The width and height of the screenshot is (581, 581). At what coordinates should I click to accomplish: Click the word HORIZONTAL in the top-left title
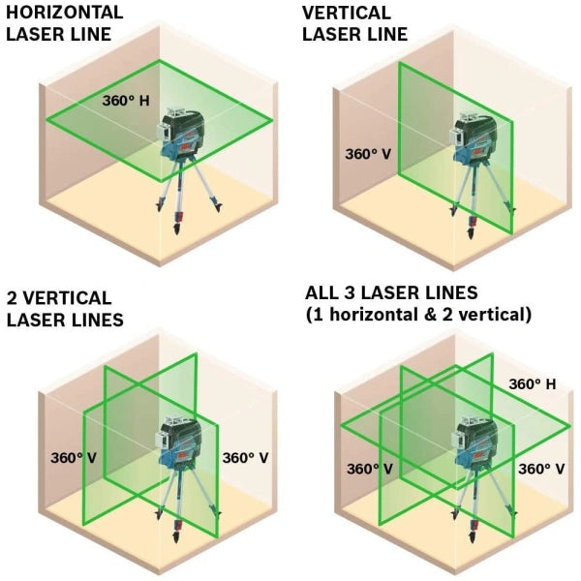point(65,13)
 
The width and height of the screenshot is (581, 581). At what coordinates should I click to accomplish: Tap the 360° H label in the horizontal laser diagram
point(126,101)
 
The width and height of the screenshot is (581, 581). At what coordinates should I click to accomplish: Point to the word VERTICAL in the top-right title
point(347,13)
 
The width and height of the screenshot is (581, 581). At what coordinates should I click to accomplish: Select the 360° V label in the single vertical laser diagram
point(368,154)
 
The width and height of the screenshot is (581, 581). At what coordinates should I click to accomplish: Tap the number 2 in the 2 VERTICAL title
point(12,298)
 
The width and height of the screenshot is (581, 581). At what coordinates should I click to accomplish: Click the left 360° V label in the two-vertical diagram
point(74,458)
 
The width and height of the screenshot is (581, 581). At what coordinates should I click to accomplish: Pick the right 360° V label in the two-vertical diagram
point(245,458)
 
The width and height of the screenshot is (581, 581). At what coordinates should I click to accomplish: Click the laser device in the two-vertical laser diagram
point(180,443)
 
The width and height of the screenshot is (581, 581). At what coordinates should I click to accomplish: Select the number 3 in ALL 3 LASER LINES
point(350,292)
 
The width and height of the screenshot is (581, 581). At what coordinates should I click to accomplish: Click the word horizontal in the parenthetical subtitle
point(371,315)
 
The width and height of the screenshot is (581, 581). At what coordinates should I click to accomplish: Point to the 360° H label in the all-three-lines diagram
point(533,384)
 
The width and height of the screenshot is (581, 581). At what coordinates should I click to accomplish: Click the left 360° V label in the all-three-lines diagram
point(370,469)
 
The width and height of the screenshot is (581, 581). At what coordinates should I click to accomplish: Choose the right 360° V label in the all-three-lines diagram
point(541,469)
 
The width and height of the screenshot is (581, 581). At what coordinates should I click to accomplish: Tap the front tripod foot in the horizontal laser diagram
point(177,228)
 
